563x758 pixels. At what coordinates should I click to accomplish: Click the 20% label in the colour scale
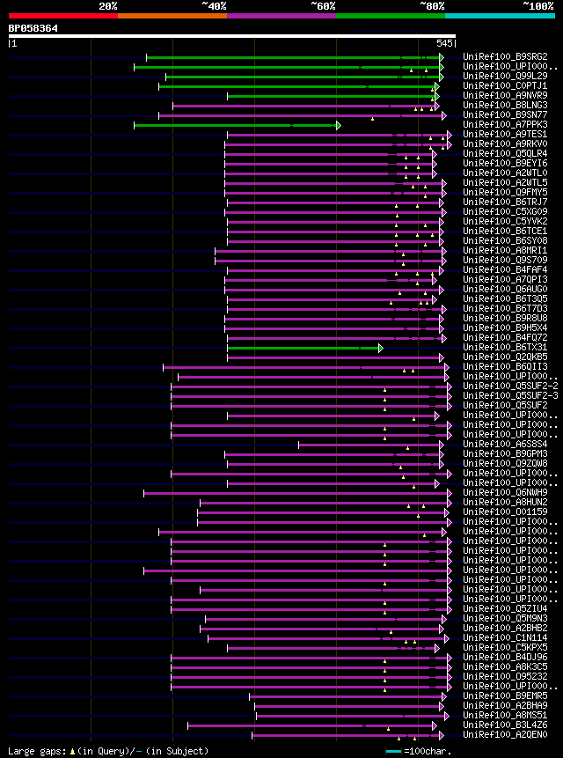[108, 6]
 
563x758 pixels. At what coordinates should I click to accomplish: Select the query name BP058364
[33, 28]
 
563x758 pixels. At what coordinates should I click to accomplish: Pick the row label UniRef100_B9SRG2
[505, 57]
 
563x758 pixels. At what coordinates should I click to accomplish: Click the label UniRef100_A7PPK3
[505, 125]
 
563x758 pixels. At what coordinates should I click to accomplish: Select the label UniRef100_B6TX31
[505, 348]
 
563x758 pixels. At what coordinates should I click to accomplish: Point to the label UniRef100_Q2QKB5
[505, 357]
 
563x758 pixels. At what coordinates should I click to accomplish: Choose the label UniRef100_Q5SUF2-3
[510, 396]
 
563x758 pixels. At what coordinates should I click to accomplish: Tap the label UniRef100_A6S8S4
[505, 445]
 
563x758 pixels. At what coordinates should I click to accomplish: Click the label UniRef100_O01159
[505, 512]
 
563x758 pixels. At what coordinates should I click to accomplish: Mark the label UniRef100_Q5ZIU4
[505, 609]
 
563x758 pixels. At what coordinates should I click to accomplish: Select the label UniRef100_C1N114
[505, 638]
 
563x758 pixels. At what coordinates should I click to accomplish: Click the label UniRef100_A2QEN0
[505, 735]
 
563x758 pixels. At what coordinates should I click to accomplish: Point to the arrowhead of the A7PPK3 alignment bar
[338, 125]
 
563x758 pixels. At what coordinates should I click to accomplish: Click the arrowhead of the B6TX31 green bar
[381, 348]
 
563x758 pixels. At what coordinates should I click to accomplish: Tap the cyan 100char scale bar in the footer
[393, 751]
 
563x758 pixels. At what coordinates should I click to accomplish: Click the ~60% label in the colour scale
[323, 6]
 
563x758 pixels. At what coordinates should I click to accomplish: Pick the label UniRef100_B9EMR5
[505, 696]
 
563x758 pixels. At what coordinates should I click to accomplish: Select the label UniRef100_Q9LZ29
[505, 77]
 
